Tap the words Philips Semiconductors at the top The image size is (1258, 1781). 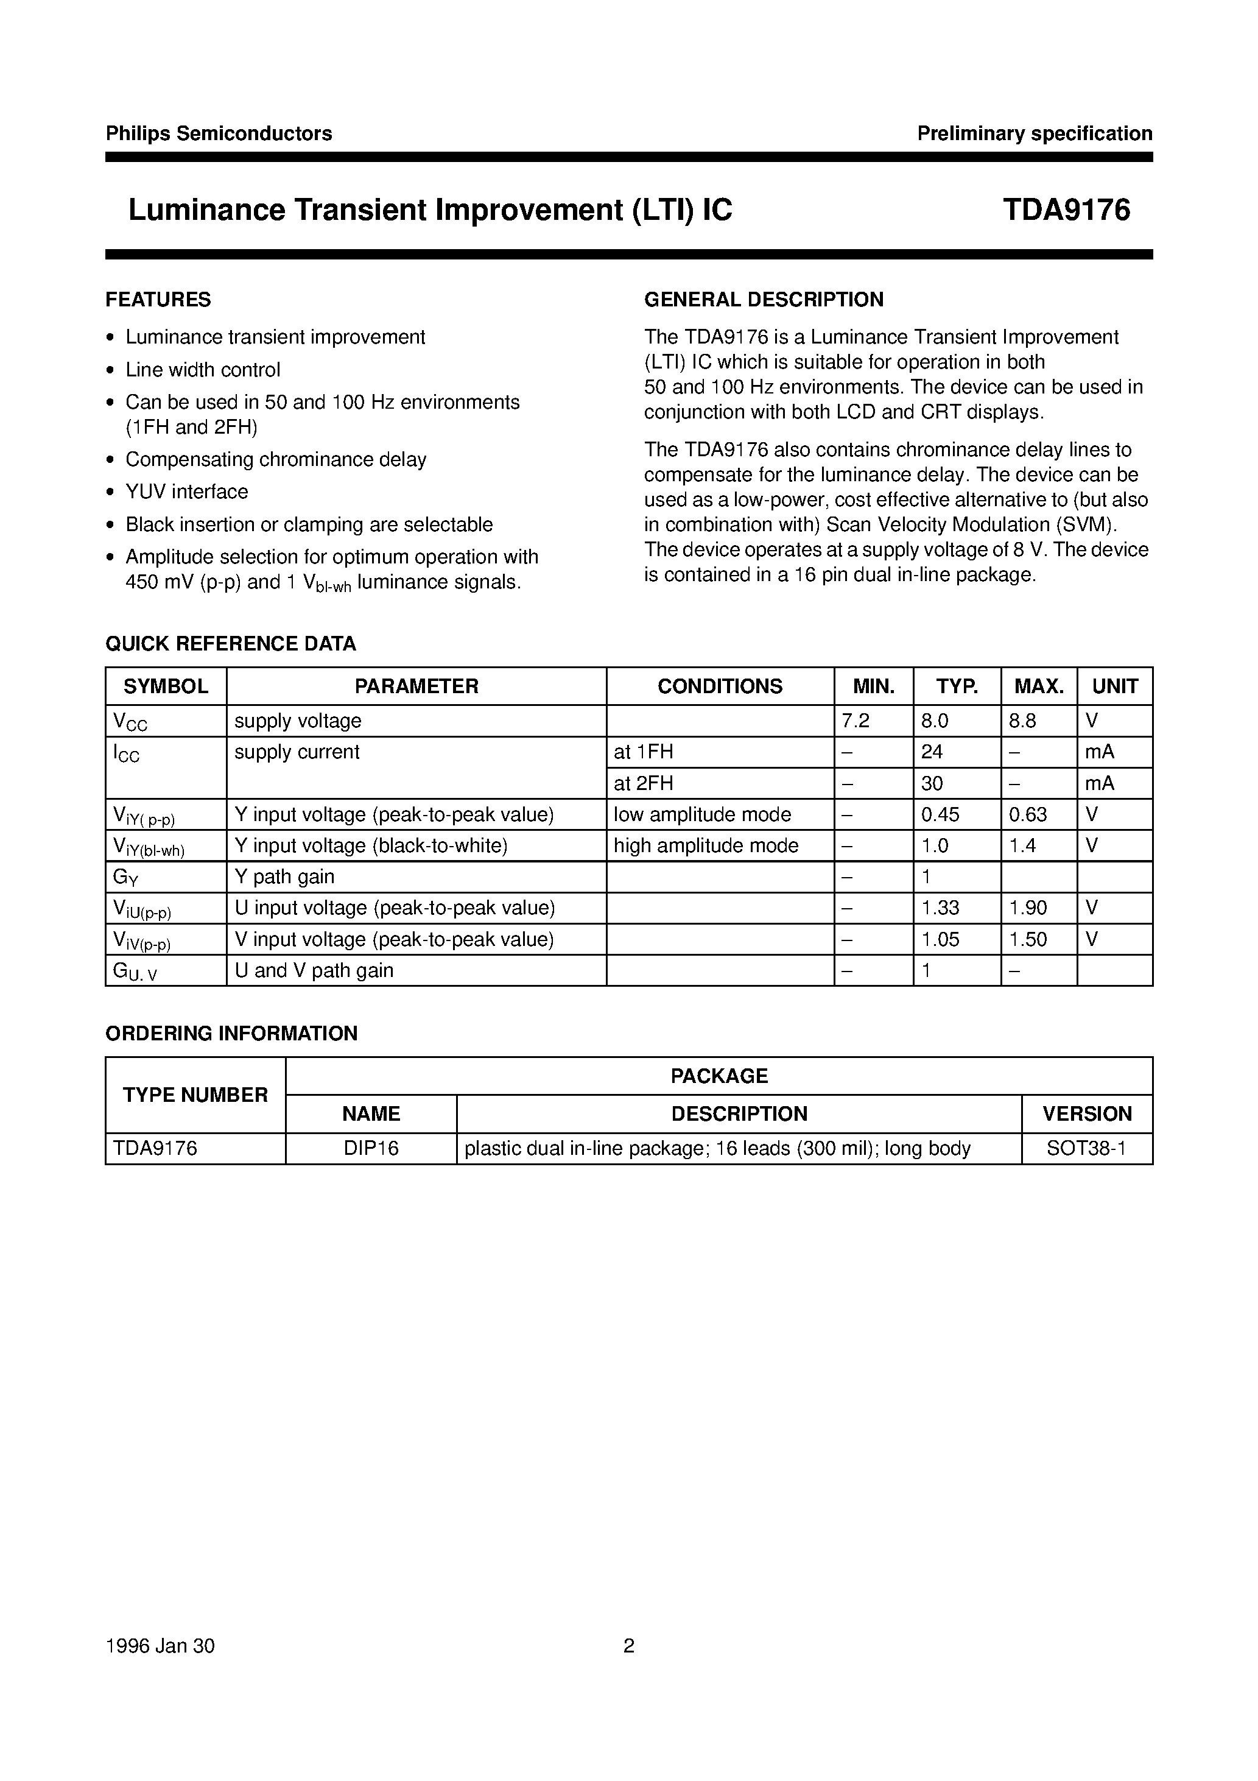tap(219, 133)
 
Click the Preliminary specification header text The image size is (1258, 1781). tap(1034, 133)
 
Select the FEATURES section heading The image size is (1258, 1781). tap(158, 300)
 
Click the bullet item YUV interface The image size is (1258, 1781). tap(187, 492)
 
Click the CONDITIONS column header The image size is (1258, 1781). tap(720, 686)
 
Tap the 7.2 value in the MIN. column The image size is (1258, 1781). tap(856, 721)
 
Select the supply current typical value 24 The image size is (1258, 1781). tap(932, 752)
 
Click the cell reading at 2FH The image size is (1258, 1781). tap(643, 783)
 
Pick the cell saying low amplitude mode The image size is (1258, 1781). tap(702, 814)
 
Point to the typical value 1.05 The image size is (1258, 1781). tap(940, 939)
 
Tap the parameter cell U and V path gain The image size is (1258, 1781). tap(314, 970)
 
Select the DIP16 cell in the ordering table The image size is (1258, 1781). tap(371, 1148)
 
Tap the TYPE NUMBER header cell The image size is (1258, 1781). tap(195, 1095)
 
